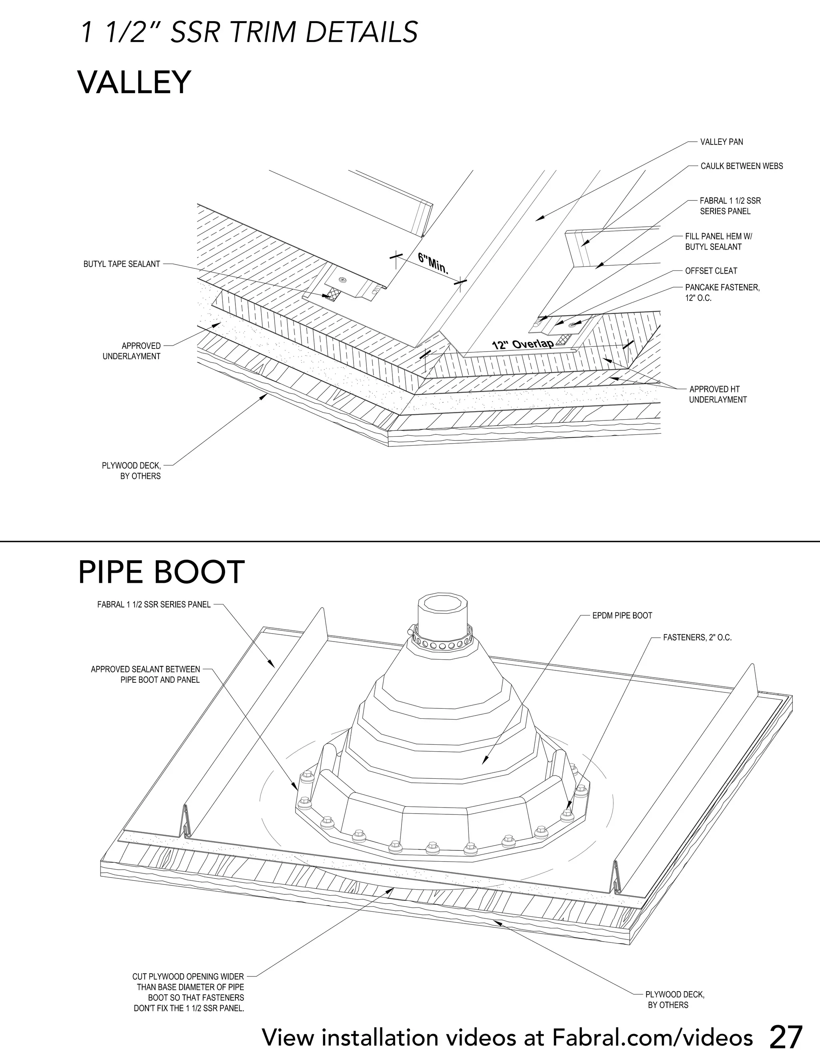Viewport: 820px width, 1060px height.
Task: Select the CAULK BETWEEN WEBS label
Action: (x=741, y=166)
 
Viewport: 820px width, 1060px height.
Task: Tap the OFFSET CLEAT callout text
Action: (x=711, y=271)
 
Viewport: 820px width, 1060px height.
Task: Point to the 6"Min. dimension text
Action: (x=433, y=262)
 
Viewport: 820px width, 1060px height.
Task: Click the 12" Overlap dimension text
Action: (x=523, y=344)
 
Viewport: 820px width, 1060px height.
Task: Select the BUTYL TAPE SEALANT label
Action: (x=121, y=264)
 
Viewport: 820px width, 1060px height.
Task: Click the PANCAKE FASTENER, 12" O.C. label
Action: (x=722, y=293)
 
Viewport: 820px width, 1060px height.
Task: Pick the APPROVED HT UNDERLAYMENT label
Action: (x=717, y=394)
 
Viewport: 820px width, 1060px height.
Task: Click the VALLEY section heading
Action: (x=134, y=82)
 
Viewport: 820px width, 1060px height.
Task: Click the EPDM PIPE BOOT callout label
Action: (x=622, y=616)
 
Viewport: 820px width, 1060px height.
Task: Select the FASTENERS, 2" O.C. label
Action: (x=697, y=638)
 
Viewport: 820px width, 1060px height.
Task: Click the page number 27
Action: (x=786, y=1037)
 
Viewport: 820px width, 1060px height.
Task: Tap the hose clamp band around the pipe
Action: (x=441, y=642)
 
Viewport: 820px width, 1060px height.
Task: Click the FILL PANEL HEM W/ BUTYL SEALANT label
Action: (x=718, y=241)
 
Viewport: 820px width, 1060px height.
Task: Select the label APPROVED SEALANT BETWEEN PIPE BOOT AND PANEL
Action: (x=145, y=675)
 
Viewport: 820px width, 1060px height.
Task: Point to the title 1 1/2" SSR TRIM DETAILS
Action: (x=249, y=33)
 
